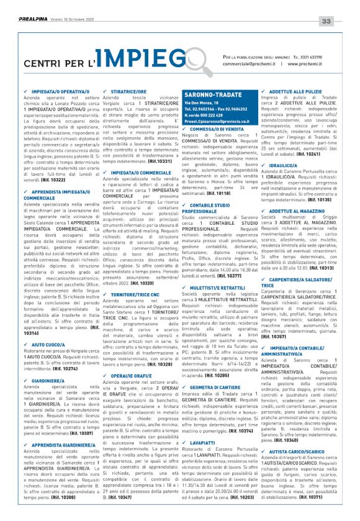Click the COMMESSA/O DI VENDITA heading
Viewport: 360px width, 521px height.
[222, 129]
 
